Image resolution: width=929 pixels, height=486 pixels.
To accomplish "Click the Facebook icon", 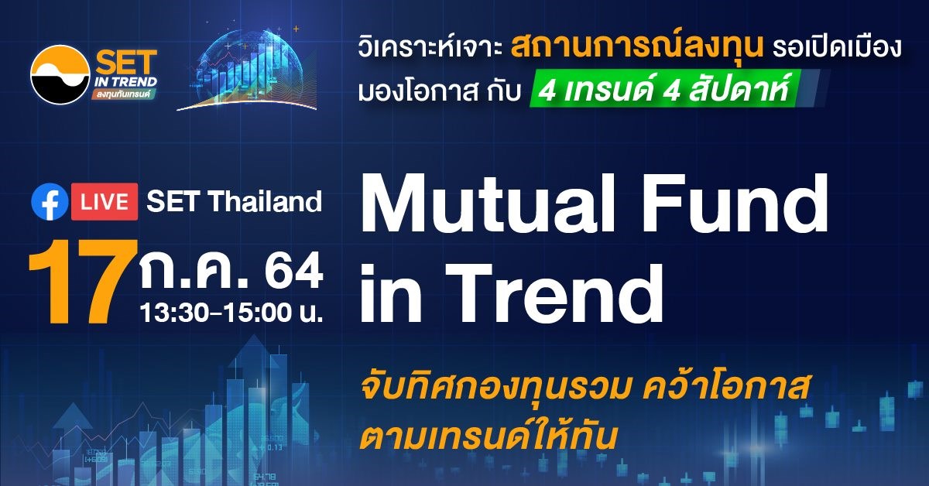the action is pos(50,201).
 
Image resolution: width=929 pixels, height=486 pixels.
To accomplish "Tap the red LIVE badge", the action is pos(105,201).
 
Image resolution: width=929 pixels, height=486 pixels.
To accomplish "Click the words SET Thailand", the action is pos(235,201).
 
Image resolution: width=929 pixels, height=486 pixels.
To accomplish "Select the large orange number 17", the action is pos(82,282).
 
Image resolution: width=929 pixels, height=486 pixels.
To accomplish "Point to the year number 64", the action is pos(294,270).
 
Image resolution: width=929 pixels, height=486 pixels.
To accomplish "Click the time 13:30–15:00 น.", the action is pos(231,312).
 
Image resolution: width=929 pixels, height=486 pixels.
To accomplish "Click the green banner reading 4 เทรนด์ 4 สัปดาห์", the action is pos(667,90).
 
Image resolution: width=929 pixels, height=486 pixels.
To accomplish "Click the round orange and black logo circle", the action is pos(60,74).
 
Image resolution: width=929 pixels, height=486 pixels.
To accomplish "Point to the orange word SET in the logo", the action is pos(126,62).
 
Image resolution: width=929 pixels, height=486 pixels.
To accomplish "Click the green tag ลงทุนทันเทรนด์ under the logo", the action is pos(125,94).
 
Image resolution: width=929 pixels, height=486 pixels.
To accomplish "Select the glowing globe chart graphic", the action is pos(248,69).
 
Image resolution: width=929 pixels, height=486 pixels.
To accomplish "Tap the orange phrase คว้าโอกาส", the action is pos(725,388).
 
